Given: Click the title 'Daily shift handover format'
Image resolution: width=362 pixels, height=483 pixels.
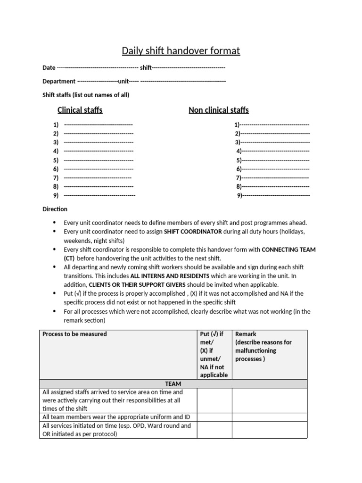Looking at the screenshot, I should point(181,50).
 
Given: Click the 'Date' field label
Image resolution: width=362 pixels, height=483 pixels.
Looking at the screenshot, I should point(49,68).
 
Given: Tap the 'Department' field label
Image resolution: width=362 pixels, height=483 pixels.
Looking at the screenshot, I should point(59,81).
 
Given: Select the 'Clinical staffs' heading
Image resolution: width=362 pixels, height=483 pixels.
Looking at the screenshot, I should point(80,110).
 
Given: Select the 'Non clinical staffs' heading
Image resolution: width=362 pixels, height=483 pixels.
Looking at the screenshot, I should point(218,110).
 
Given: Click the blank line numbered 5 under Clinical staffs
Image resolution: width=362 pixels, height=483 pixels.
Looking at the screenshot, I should point(98,160).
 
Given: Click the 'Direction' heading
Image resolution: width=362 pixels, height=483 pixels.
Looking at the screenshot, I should point(55,209).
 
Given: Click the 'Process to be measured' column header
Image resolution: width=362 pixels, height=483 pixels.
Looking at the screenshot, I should point(74,334).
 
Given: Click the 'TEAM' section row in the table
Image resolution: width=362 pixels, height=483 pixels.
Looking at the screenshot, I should point(173,383).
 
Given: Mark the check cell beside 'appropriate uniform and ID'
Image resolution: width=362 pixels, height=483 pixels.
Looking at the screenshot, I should point(214,417).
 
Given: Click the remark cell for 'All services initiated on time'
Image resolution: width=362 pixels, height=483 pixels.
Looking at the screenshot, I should point(269,430).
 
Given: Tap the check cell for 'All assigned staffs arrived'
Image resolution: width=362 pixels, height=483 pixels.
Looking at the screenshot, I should point(214,400).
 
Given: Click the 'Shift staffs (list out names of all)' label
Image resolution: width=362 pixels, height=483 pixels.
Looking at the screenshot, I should point(86,95).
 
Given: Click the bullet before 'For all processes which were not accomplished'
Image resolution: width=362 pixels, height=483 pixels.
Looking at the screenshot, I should point(55,312).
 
